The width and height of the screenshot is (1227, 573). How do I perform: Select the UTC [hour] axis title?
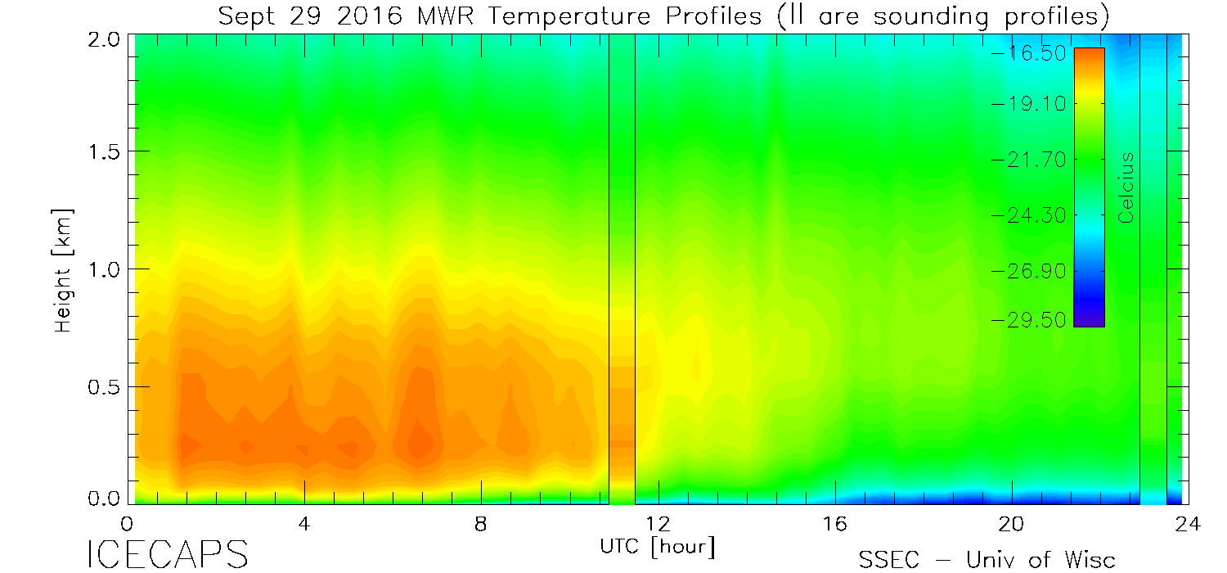(x=657, y=545)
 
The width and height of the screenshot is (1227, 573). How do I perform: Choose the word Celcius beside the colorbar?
(x=1126, y=187)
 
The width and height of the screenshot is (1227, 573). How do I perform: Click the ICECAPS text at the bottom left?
(x=167, y=555)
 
